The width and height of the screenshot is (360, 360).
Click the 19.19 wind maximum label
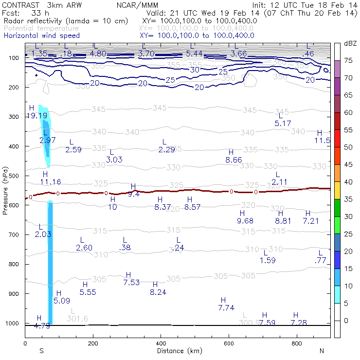click(x=37, y=116)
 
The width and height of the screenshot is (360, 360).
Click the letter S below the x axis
click(x=42, y=351)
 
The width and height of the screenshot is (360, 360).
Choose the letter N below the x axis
click(x=322, y=351)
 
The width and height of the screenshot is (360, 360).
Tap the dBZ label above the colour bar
click(x=349, y=44)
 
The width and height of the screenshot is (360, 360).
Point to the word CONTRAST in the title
click(x=19, y=4)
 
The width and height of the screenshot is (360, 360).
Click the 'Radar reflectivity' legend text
click(x=66, y=21)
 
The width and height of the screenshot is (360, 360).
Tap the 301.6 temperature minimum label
click(x=77, y=319)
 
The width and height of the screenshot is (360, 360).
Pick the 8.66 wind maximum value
click(x=234, y=160)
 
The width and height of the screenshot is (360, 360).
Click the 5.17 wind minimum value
click(x=283, y=124)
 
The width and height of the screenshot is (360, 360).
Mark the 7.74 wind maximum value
click(x=227, y=307)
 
